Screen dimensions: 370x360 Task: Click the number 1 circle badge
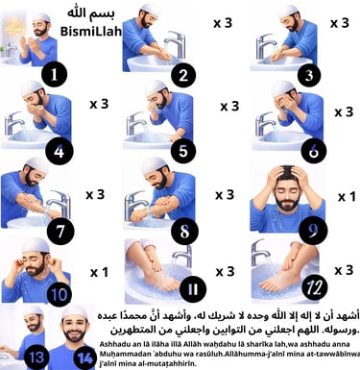pyautogui.click(x=56, y=72)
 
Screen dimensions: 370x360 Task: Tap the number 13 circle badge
pyautogui.click(x=36, y=357)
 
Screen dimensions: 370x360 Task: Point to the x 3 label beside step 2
pyautogui.click(x=223, y=22)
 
